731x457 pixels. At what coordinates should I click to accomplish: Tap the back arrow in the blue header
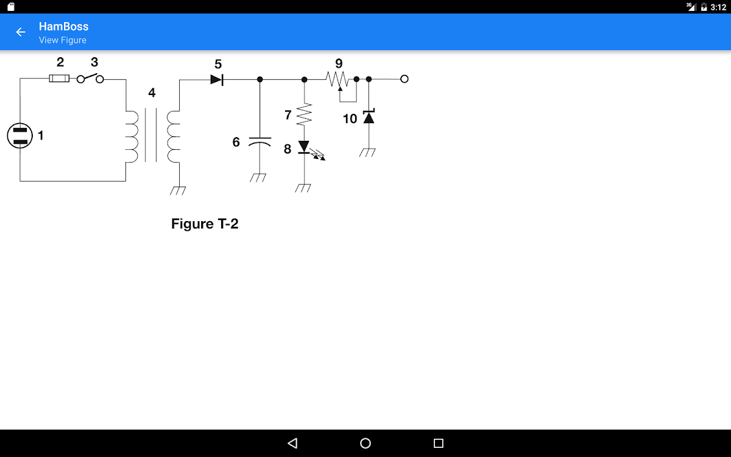21,32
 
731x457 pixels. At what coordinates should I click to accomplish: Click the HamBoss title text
63,26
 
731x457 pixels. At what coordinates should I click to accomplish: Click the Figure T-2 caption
205,224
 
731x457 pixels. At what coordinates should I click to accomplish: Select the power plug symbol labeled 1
19,135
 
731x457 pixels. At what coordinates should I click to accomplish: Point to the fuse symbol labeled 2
58,79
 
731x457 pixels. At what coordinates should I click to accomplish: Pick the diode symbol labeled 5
216,79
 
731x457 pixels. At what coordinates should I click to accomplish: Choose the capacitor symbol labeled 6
260,142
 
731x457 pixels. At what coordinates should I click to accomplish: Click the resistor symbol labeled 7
304,115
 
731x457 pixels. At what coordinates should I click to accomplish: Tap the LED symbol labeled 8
304,147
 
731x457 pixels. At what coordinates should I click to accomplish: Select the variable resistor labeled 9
337,79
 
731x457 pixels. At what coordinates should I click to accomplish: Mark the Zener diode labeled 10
369,116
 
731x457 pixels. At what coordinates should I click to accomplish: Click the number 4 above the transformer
152,93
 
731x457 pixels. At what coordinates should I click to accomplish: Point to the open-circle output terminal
404,79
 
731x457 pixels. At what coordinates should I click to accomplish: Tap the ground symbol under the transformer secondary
178,190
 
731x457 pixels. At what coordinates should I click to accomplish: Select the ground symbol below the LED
303,188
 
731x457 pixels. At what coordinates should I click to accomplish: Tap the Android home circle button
365,443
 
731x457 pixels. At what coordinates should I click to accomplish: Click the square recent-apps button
439,443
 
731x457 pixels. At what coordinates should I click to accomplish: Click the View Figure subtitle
63,40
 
